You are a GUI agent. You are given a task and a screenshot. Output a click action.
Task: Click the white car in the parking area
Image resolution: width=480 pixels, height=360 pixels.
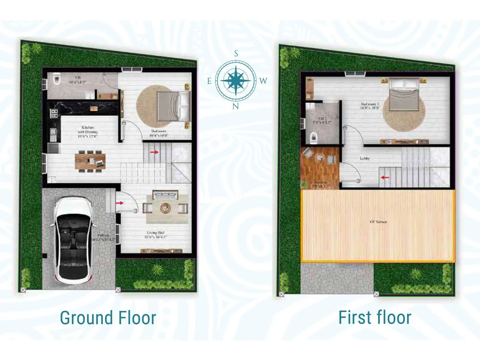point(73,240)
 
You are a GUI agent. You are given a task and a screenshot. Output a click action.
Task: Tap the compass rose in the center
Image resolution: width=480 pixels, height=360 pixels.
point(236,80)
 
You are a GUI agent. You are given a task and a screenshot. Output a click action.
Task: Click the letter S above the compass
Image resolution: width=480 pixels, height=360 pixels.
point(236,54)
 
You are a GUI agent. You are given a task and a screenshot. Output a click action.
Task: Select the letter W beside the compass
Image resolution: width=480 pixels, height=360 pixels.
point(263,81)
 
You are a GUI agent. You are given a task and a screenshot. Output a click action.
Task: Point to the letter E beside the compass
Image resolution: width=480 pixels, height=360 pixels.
point(209,81)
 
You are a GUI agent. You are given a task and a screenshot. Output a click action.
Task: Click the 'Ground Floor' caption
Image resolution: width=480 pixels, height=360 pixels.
point(108,318)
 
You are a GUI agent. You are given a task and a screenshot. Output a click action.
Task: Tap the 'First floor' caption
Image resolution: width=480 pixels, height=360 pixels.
point(375,318)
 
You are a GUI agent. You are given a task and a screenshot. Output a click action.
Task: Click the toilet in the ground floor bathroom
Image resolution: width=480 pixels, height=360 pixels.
point(56,79)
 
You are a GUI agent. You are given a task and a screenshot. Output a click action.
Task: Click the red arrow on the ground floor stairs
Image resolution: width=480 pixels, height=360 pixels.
point(154,152)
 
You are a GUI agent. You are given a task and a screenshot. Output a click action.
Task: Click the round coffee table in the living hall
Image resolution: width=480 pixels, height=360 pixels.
point(165,208)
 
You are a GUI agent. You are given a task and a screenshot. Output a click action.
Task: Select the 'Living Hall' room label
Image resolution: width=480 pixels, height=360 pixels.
point(156,235)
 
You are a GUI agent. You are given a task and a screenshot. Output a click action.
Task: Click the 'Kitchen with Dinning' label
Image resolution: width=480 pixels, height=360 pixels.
point(88,132)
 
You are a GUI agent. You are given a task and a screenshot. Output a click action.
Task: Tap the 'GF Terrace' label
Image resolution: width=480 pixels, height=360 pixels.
point(378,222)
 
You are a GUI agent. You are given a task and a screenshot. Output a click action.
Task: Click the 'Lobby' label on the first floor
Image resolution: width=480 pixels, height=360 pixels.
point(365,158)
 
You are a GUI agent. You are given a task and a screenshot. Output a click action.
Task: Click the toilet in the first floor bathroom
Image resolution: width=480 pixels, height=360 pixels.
point(313,137)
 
